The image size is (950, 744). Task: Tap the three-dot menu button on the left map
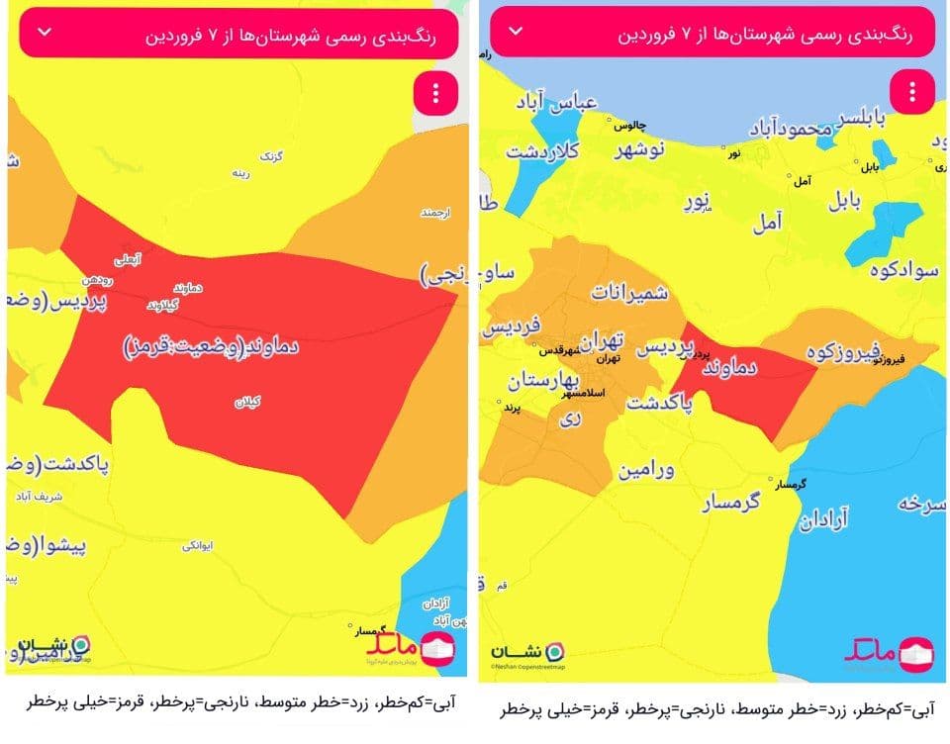pyautogui.click(x=436, y=93)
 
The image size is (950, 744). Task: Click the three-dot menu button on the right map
pyautogui.click(x=911, y=93)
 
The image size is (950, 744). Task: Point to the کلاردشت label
pyautogui.click(x=543, y=151)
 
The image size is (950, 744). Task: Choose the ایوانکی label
pyautogui.click(x=196, y=545)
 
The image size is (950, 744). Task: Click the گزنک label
pyautogui.click(x=270, y=156)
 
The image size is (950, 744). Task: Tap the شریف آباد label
pyautogui.click(x=40, y=492)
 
